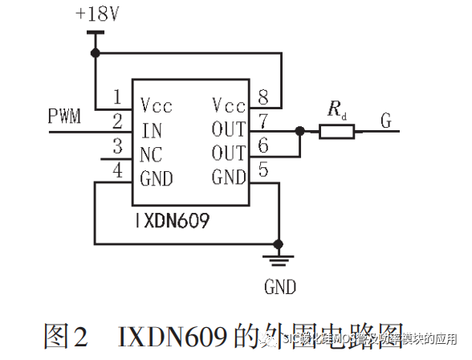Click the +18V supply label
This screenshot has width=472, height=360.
(x=98, y=14)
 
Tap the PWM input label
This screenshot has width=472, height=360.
(x=65, y=117)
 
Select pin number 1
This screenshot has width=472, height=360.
(x=117, y=97)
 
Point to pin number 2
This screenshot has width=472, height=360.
(x=117, y=123)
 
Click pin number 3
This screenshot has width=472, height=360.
(x=117, y=147)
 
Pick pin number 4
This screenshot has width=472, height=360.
(x=117, y=170)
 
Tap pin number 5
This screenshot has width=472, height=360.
(x=262, y=170)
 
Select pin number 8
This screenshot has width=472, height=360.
(x=262, y=97)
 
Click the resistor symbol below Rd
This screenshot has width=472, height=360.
(x=337, y=130)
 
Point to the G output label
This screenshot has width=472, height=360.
(x=387, y=121)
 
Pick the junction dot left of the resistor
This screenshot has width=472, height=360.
(x=299, y=130)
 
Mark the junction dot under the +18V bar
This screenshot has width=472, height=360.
(x=96, y=53)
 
